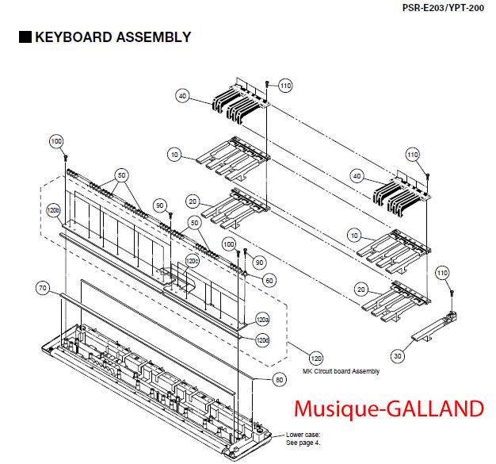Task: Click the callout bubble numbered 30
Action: (398, 356)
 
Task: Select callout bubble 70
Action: (43, 286)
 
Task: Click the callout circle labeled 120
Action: (315, 358)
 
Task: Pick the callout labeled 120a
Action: (262, 321)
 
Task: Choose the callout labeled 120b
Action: (53, 211)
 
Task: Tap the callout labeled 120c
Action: (191, 260)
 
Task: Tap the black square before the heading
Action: (25, 36)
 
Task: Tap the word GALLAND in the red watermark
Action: (441, 408)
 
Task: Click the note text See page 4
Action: (303, 442)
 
